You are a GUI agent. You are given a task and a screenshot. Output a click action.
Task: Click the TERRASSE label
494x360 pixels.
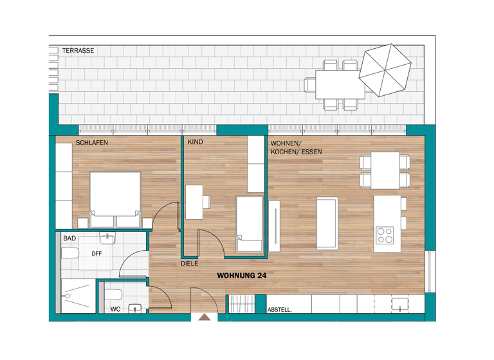[x=78, y=50]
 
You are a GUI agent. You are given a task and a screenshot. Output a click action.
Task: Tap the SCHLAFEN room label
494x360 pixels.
[x=92, y=143]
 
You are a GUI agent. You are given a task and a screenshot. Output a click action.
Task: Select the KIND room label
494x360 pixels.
[x=195, y=143]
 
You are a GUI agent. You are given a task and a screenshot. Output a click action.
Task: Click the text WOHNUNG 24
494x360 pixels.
[x=242, y=275]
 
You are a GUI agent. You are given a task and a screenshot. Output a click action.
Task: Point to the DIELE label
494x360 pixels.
[x=189, y=264]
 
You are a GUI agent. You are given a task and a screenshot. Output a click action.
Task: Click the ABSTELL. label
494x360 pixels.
[x=279, y=310]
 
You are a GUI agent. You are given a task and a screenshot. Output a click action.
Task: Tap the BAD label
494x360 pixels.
[x=69, y=239]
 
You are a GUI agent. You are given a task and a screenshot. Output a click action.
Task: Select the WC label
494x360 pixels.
[x=115, y=309]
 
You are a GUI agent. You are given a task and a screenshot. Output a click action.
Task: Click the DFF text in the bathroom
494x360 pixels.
[x=96, y=253]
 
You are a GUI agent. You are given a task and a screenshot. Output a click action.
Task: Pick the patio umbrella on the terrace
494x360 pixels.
[x=385, y=70]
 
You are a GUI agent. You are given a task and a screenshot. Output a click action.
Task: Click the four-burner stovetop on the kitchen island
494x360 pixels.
[x=385, y=235]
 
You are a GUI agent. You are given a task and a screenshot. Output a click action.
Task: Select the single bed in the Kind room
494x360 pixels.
[x=250, y=224]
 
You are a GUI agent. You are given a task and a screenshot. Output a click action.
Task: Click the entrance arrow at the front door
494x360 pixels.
[x=205, y=317]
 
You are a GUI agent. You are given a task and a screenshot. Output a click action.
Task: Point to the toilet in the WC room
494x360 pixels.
[x=113, y=294]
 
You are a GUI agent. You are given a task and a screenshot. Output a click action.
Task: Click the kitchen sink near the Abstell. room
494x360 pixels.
[x=401, y=303]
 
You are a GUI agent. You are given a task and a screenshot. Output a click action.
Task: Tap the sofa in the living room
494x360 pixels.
[x=327, y=223]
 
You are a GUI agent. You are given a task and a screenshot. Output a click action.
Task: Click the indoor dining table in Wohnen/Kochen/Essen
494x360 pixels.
[x=385, y=170]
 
